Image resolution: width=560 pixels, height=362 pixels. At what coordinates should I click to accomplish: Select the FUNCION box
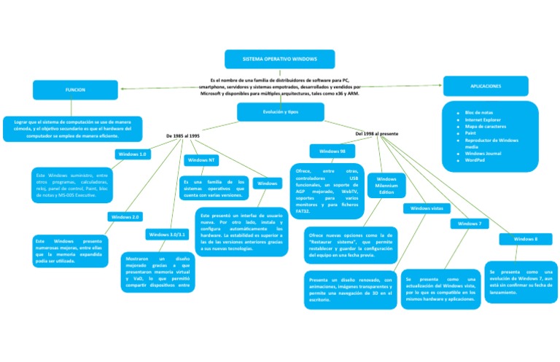pos(75,90)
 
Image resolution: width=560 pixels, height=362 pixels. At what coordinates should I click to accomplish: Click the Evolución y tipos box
pos(281,111)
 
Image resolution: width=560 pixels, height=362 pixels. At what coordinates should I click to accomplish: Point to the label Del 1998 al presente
pos(376,134)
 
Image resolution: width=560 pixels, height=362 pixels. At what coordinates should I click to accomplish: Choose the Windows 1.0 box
pos(133,154)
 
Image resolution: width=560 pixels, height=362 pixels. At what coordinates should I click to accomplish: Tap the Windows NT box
pos(201,160)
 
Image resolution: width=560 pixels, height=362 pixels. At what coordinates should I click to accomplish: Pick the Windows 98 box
pos(332,152)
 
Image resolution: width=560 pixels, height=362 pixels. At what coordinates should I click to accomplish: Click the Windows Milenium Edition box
pos(386,186)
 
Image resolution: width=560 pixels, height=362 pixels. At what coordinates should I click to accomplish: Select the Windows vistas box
pos(427,208)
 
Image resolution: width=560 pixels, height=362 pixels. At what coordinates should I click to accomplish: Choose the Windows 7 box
pos(469,224)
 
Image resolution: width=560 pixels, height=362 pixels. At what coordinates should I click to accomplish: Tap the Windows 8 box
pos(526,239)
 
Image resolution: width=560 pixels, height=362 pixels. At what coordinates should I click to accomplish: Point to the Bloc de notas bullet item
pos(479,113)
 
